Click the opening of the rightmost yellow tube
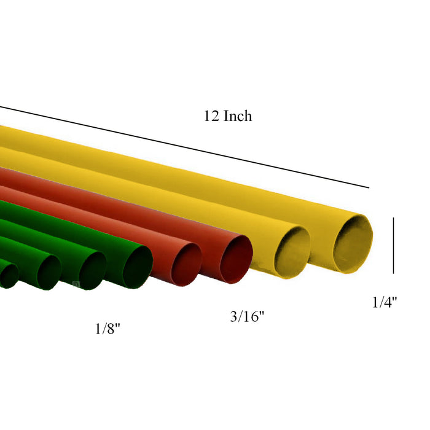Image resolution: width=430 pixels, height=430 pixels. coord(353,242)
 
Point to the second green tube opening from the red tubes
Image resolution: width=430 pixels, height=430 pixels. coord(93,271)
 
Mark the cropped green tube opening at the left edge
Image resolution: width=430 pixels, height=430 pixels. coord(8,276)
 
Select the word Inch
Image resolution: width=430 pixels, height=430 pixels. coord(237,115)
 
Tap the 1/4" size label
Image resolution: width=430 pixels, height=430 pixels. coord(385,302)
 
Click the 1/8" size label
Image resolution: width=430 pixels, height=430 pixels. coord(107,329)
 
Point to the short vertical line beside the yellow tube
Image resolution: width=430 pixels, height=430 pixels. coord(393,245)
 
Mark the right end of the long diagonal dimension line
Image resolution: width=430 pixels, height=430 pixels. coord(369,187)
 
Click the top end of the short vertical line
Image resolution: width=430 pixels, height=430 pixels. coord(393,217)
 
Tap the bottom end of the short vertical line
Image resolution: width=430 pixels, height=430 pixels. coord(393,273)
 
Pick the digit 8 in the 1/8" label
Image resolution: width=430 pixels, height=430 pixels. coord(111,329)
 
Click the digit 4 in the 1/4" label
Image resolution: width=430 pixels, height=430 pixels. coord(388,302)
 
